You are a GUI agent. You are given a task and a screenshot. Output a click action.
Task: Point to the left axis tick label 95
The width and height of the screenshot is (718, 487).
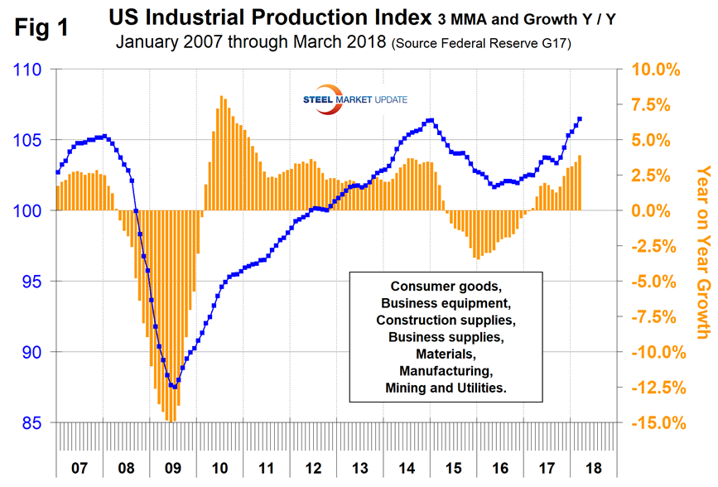click(x=31, y=282)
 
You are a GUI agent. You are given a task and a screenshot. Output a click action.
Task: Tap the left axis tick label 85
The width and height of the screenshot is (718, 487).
click(x=31, y=422)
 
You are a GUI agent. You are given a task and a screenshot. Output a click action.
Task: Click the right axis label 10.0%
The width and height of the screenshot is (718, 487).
click(x=656, y=70)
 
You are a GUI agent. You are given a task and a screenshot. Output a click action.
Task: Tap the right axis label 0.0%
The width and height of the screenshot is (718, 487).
click(x=659, y=211)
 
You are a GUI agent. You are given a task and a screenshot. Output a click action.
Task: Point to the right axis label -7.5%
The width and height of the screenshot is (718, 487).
click(x=657, y=317)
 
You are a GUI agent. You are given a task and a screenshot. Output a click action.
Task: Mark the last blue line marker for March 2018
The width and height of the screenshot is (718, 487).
click(x=580, y=119)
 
